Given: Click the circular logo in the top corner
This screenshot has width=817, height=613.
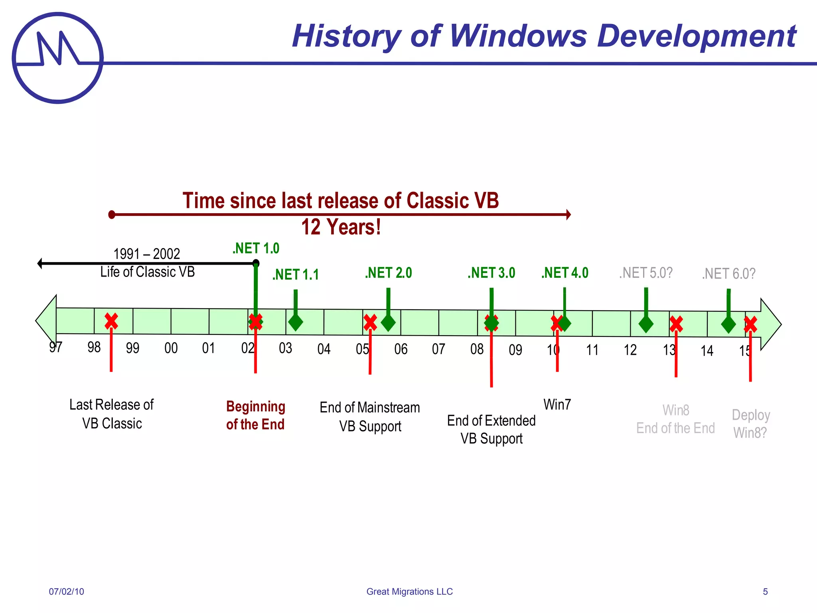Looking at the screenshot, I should click(58, 58).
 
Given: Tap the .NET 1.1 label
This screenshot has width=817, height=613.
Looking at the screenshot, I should click(296, 275).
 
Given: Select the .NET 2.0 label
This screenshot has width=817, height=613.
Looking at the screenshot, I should click(388, 273).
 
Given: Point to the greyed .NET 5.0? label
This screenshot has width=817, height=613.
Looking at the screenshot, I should click(646, 273).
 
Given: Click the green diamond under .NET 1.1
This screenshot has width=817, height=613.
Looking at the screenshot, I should click(296, 322).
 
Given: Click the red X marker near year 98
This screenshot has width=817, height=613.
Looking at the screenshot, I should click(111, 321).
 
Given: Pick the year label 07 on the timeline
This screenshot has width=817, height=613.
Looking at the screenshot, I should click(438, 349).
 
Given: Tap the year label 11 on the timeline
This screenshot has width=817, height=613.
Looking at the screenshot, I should click(592, 350).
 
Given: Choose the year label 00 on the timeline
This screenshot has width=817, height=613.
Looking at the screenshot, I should click(171, 348).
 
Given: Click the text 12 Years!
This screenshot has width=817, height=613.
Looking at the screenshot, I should click(341, 227).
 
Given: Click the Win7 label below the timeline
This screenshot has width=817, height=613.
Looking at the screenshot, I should click(557, 404).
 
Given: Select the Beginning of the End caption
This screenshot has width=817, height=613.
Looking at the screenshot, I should click(255, 415).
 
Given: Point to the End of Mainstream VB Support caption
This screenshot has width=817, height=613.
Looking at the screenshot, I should click(370, 417).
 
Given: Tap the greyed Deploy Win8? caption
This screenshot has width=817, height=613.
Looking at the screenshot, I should click(750, 424).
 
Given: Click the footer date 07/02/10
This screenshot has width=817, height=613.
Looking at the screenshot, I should click(67, 591).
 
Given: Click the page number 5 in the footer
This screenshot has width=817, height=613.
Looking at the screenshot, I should click(765, 591).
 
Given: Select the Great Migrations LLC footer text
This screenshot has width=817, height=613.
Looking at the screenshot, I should click(409, 591).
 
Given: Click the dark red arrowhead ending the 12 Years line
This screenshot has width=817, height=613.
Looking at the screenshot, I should click(568, 215).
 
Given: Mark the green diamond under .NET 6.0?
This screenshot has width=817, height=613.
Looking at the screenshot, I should click(728, 324).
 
